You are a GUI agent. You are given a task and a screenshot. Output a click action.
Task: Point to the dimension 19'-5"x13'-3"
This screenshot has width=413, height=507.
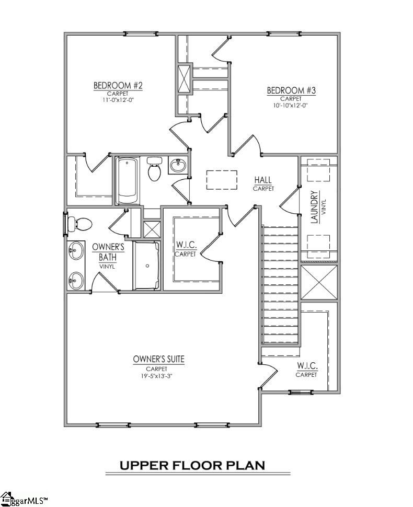158,375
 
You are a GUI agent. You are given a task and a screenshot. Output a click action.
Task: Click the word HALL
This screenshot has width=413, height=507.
263,180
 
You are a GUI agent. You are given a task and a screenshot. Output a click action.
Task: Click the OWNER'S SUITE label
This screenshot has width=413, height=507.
158,359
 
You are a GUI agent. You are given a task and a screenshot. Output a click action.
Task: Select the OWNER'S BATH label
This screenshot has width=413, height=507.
108,251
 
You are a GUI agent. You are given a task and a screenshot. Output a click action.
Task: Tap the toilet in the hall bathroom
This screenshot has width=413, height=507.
154,169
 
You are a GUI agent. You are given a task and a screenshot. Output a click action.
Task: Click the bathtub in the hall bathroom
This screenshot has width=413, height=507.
128,181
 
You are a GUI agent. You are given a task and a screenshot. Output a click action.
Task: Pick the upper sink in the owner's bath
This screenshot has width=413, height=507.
76,250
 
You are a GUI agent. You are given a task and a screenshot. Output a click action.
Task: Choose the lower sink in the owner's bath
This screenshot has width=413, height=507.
76,280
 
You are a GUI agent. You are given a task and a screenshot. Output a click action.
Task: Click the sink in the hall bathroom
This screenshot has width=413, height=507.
178,166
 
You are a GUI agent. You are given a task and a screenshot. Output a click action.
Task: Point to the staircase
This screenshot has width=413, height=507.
280,285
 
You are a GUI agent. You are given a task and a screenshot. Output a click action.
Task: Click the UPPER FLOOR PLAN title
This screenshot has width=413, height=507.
192,465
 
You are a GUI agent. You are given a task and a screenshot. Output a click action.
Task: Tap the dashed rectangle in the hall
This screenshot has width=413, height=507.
222,180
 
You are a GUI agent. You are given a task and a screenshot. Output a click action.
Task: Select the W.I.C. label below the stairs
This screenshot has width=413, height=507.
306,365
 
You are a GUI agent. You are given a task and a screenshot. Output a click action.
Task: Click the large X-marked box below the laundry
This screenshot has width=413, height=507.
319,282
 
